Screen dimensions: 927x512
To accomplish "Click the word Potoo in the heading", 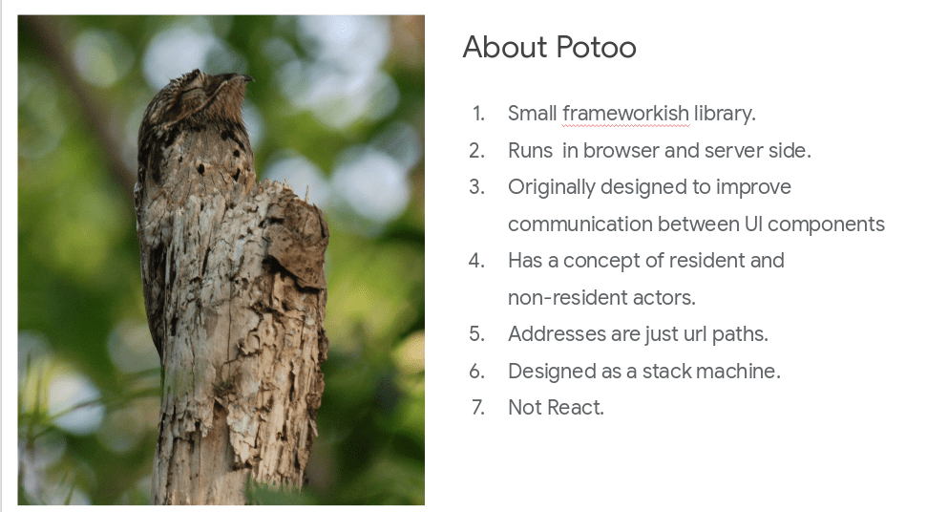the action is (x=596, y=48).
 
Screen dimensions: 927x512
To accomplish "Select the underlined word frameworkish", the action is (x=625, y=114).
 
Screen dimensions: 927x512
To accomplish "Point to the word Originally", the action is (x=552, y=188).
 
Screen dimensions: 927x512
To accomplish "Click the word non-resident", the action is (x=567, y=297).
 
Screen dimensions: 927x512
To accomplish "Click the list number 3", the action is (x=476, y=187).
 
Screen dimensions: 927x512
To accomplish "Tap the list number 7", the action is (x=477, y=408).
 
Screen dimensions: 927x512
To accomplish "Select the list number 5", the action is (x=476, y=334).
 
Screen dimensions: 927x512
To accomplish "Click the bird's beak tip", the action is (x=251, y=78).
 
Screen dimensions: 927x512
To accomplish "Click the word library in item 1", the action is (x=725, y=114).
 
